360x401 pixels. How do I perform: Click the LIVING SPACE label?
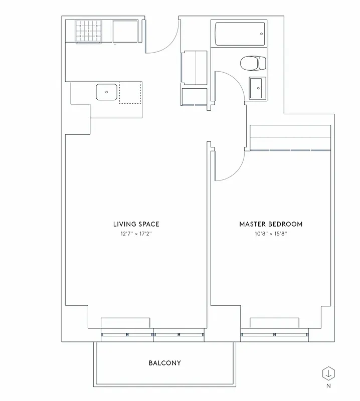pyautogui.click(x=136, y=224)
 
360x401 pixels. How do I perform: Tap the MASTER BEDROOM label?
pyautogui.click(x=271, y=224)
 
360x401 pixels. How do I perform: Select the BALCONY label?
pyautogui.click(x=164, y=363)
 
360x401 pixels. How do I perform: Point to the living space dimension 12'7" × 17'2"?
pyautogui.click(x=136, y=234)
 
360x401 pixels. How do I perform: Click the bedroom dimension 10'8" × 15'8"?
pyautogui.click(x=271, y=234)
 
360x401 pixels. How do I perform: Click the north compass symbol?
pyautogui.click(x=329, y=373)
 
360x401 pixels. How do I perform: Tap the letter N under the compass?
pyautogui.click(x=329, y=386)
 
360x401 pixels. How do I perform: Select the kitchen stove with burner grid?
pyautogui.click(x=89, y=32)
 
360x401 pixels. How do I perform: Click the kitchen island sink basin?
pyautogui.click(x=107, y=92)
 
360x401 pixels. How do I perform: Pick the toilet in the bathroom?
pyautogui.click(x=253, y=64)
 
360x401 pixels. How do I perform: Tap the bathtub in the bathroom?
pyautogui.click(x=239, y=34)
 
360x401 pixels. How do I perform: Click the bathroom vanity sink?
pyautogui.click(x=258, y=89)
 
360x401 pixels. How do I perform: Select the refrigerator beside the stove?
pyautogui.click(x=125, y=32)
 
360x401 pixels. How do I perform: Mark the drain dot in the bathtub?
pyautogui.click(x=261, y=34)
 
